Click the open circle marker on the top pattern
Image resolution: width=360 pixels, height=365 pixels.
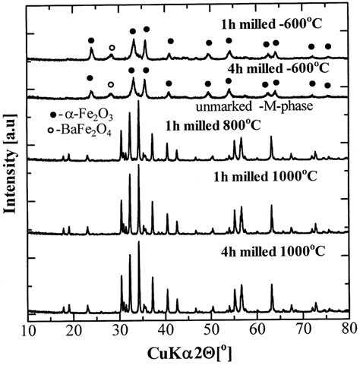coord(112,48)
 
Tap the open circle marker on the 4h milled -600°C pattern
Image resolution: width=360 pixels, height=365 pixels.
coord(111,84)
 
